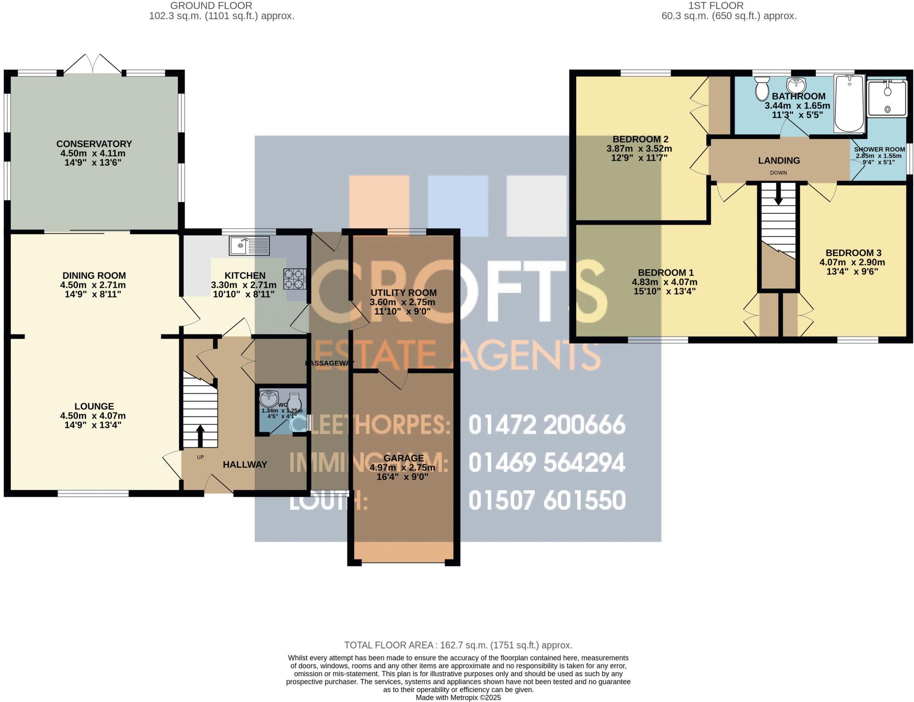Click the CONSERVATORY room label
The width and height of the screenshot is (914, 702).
pyautogui.click(x=94, y=144)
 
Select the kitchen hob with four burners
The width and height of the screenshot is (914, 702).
pyautogui.click(x=295, y=279)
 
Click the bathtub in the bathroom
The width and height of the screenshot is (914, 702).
pyautogui.click(x=849, y=103)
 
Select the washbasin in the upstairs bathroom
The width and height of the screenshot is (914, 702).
pyautogui.click(x=795, y=84)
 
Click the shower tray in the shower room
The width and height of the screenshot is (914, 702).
pyautogui.click(x=886, y=98)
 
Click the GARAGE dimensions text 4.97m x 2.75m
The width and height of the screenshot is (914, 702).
pyautogui.click(x=402, y=468)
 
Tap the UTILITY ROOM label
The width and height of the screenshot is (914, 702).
pyautogui.click(x=403, y=293)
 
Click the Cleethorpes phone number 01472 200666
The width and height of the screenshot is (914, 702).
pyautogui.click(x=546, y=425)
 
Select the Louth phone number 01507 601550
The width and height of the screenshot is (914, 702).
pyautogui.click(x=546, y=500)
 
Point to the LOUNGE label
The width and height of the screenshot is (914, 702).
pyautogui.click(x=94, y=406)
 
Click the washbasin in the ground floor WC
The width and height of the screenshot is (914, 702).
pyautogui.click(x=269, y=398)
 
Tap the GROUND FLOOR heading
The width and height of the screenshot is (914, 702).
pyautogui.click(x=211, y=6)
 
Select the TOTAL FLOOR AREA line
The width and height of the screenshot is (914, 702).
pyautogui.click(x=458, y=645)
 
